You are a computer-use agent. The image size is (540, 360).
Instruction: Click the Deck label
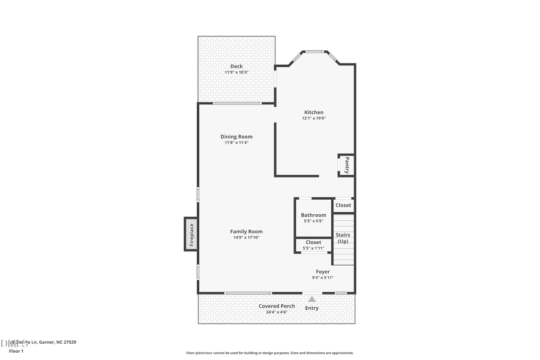tap(236, 66)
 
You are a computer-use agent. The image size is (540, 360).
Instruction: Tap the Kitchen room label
tap(314, 112)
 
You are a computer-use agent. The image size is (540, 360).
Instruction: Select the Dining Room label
tap(236, 136)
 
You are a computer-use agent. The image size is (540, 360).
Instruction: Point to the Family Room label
tap(246, 232)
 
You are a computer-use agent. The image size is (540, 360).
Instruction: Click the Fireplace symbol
tap(191, 234)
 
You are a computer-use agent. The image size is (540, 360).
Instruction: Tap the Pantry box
tap(346, 165)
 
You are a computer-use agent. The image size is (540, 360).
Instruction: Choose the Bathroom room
tap(313, 218)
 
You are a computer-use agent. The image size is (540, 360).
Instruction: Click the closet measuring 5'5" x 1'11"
tap(313, 245)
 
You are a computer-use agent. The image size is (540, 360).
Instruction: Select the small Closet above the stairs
tap(343, 205)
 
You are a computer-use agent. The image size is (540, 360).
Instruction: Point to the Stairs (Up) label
tap(343, 238)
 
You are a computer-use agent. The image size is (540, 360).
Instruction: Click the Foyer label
tap(323, 272)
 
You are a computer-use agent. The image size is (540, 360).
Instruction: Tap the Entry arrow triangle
tap(312, 298)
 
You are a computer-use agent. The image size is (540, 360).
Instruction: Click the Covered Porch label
tap(277, 306)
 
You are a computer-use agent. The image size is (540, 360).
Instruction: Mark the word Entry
tap(312, 308)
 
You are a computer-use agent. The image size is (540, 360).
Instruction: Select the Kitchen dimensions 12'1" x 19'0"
tap(314, 118)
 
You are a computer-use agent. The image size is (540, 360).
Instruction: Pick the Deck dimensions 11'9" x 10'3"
tap(236, 72)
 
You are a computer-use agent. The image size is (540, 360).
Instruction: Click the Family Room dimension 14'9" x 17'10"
tap(246, 238)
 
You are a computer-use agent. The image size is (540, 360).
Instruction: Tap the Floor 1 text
tap(16, 350)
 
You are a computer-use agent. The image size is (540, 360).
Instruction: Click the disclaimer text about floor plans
tap(269, 353)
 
